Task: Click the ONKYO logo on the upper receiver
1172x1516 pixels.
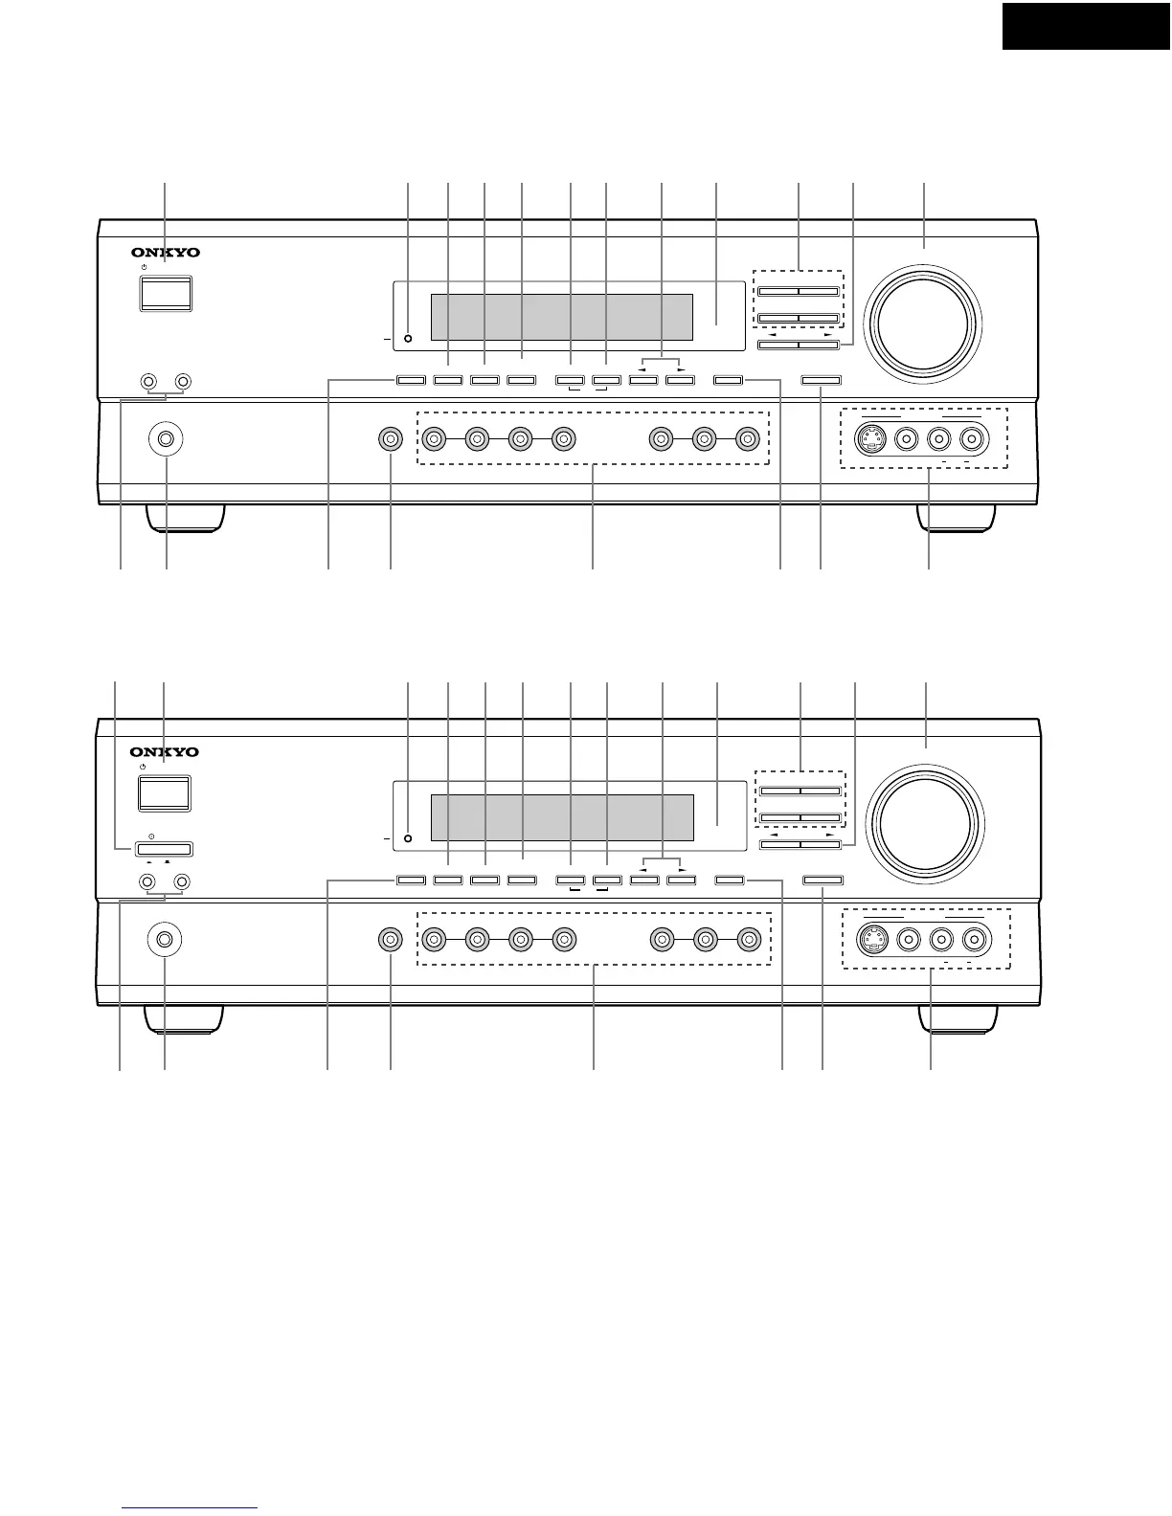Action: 166,254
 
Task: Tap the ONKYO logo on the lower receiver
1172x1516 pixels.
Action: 166,753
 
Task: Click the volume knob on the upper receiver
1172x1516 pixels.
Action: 922,318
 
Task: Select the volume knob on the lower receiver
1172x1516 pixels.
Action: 925,819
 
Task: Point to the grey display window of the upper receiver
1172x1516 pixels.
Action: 561,317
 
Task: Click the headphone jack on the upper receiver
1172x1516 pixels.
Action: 167,440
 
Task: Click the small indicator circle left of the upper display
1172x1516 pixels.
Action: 408,339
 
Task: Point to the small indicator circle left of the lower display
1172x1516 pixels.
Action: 408,839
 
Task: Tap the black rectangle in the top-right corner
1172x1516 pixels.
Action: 1086,25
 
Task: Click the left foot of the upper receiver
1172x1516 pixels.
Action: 187,517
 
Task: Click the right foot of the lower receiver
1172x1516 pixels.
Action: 956,1018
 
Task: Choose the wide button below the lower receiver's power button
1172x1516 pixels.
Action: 164,848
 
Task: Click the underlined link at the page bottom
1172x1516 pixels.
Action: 191,1509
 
